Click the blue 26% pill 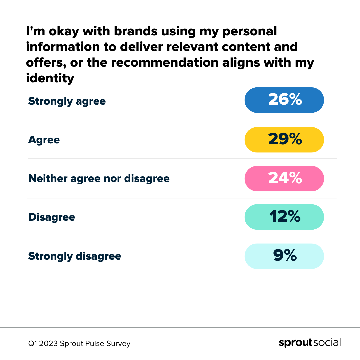click(x=284, y=100)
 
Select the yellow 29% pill click(x=284, y=140)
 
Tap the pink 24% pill click(x=284, y=178)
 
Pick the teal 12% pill click(x=284, y=217)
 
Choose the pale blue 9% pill click(x=284, y=256)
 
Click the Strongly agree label click(x=67, y=101)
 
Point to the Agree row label click(x=44, y=140)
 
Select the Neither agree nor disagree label click(x=99, y=179)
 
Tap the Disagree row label click(x=51, y=217)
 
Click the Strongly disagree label click(x=74, y=256)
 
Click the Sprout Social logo click(x=310, y=343)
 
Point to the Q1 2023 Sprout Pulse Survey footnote click(x=79, y=343)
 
